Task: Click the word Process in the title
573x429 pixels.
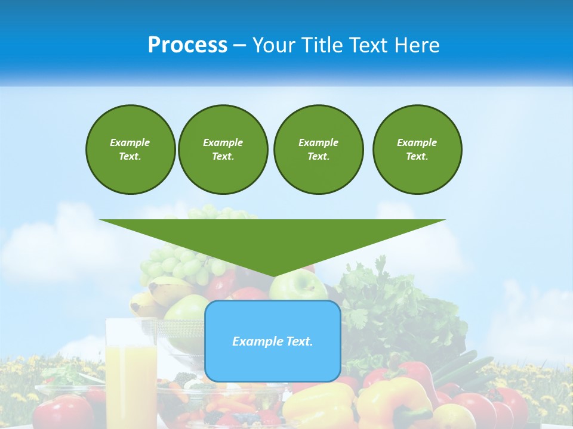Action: pyautogui.click(x=187, y=45)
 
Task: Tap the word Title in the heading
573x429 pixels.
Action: pyautogui.click(x=321, y=45)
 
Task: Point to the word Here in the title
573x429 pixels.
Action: pyautogui.click(x=417, y=45)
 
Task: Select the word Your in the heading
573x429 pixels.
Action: pyautogui.click(x=275, y=45)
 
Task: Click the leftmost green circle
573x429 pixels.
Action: pyautogui.click(x=130, y=150)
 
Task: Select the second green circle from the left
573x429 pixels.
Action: pyautogui.click(x=223, y=150)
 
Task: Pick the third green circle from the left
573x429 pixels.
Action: pyautogui.click(x=318, y=150)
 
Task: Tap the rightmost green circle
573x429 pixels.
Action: pyautogui.click(x=417, y=150)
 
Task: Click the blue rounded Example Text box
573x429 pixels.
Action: pyautogui.click(x=272, y=341)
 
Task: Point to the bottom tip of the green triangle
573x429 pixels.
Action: pyautogui.click(x=273, y=276)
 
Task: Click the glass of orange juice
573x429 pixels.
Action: pyautogui.click(x=131, y=369)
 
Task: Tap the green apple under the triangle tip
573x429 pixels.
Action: pyautogui.click(x=298, y=288)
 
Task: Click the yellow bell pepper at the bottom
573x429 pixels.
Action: pyautogui.click(x=316, y=405)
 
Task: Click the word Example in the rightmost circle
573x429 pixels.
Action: pyautogui.click(x=417, y=142)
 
